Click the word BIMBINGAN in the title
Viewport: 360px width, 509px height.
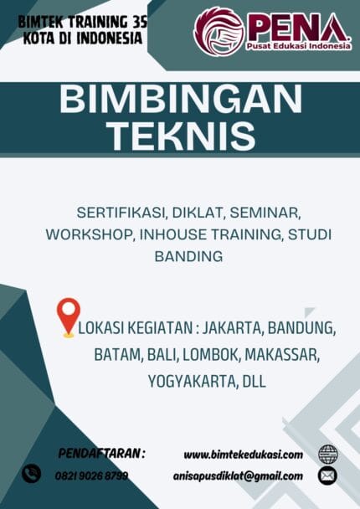(x=180, y=100)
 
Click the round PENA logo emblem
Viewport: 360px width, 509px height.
(x=219, y=31)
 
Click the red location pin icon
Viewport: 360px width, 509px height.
(x=69, y=317)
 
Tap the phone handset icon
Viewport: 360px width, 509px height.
(x=31, y=473)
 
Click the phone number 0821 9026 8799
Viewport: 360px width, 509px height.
(x=91, y=476)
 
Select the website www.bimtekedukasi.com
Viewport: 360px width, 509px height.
(x=243, y=455)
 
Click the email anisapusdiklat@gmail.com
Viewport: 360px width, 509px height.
(x=243, y=476)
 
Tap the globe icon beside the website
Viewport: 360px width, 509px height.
(x=327, y=455)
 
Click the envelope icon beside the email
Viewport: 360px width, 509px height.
(x=327, y=476)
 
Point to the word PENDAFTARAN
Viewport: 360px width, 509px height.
(x=101, y=453)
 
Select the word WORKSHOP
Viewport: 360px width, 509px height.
(x=83, y=234)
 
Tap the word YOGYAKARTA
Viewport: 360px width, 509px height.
(x=191, y=381)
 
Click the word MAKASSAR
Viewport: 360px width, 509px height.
(x=280, y=354)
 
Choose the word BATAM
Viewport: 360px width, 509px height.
(x=117, y=354)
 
